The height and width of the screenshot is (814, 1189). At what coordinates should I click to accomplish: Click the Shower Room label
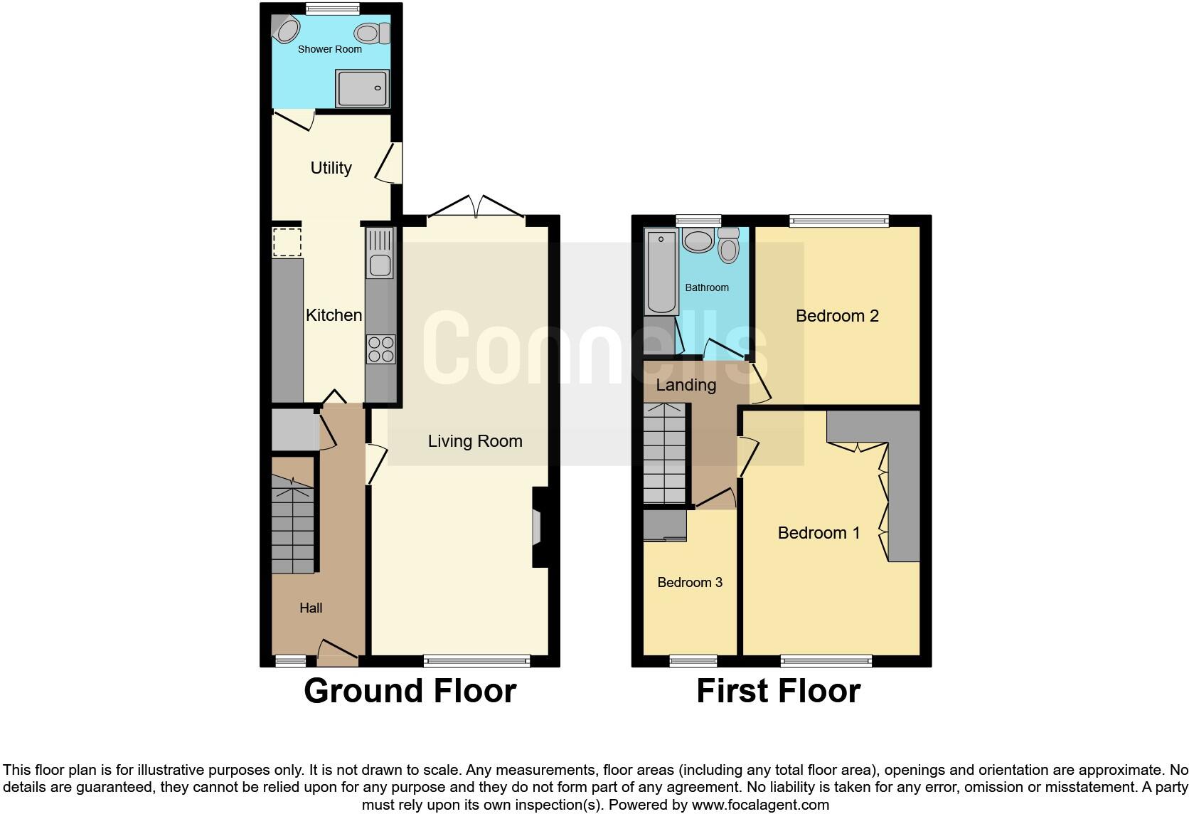[329, 49]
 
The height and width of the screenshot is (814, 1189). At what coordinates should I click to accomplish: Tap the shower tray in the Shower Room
[363, 88]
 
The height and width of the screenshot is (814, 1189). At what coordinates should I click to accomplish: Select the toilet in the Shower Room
[370, 33]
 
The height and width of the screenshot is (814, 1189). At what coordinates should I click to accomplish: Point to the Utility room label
[331, 168]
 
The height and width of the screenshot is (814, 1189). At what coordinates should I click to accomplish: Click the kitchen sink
[380, 253]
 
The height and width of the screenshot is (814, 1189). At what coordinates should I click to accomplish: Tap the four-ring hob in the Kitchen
[380, 349]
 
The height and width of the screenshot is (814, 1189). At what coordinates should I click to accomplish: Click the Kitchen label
[334, 314]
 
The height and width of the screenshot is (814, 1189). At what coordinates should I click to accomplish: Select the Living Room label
[475, 441]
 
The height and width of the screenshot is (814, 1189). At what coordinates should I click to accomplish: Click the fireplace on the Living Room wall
[538, 527]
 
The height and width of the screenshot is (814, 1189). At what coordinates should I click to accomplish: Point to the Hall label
[311, 608]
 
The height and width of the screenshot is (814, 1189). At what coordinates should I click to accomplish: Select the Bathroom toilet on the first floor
[728, 245]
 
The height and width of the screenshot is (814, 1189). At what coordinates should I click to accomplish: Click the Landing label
[686, 385]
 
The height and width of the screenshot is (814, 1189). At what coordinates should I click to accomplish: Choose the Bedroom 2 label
[837, 316]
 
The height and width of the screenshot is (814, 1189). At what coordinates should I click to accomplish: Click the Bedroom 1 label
[819, 533]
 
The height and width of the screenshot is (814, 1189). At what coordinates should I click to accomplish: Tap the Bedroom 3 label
[690, 583]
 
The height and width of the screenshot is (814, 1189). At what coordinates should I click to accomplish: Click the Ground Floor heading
[410, 691]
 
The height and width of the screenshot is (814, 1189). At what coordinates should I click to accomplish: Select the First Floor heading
[778, 691]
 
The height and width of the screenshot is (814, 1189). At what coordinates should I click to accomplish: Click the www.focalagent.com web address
[760, 805]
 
